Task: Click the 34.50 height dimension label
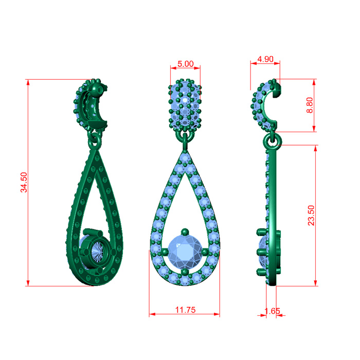pos(24,182)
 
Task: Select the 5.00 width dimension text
pos(186,64)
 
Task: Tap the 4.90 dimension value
pos(265,59)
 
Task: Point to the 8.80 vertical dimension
pos(310,105)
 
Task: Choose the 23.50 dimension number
pos(311,215)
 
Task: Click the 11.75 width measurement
pos(186,310)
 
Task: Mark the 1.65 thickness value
pos(272,311)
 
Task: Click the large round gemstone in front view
pos(185,251)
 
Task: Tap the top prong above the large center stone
pos(185,232)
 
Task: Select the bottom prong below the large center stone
pos(185,272)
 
